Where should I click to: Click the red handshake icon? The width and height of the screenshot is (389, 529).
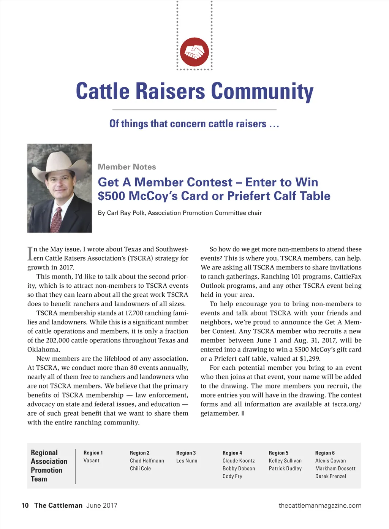(194, 52)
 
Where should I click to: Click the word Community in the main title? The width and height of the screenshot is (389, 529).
(262, 92)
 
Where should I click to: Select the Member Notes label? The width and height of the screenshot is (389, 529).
(127, 167)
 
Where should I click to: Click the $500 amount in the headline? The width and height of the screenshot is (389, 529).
(112, 196)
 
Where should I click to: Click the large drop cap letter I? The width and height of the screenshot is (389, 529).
(30, 253)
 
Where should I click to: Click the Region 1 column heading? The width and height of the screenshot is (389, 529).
(93, 453)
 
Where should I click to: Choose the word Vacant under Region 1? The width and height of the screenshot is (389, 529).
(92, 461)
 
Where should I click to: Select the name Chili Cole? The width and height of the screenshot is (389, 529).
(140, 469)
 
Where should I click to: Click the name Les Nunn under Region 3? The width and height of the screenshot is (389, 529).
(187, 461)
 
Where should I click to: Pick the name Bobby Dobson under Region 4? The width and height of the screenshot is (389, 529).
(239, 469)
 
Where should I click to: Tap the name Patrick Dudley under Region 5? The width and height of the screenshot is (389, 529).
(285, 469)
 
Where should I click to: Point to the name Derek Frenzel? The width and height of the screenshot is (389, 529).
(330, 476)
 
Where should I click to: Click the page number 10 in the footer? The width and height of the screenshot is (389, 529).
(25, 505)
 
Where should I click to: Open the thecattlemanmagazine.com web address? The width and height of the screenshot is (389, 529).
(320, 505)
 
